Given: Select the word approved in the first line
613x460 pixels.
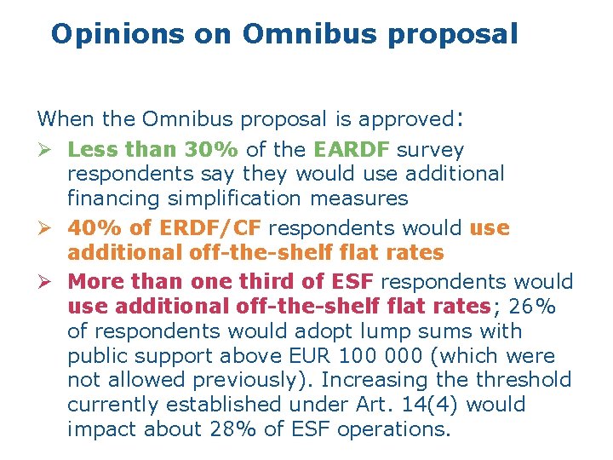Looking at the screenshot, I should pyautogui.click(x=407, y=118).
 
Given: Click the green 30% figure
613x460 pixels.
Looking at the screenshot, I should pyautogui.click(x=212, y=150).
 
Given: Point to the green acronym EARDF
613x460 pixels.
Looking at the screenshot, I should pyautogui.click(x=352, y=150).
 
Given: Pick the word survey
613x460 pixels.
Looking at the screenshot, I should pyautogui.click(x=431, y=150).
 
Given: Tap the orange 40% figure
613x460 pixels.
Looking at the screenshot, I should pyautogui.click(x=92, y=228).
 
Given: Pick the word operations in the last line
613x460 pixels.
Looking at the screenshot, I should pyautogui.click(x=393, y=429).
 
